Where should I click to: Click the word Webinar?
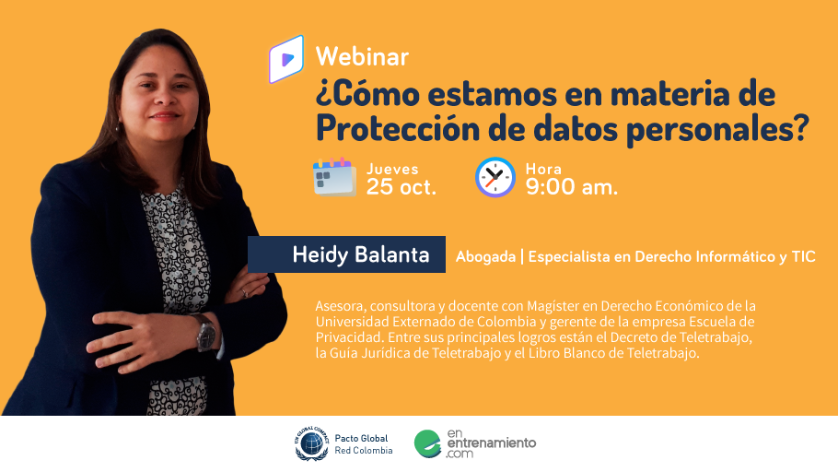pos(362,57)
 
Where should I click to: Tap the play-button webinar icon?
pos(286,59)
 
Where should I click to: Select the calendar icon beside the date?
pos(334,177)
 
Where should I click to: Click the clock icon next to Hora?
pos(495,177)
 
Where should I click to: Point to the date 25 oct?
pos(401,187)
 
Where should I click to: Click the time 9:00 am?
pos(571,187)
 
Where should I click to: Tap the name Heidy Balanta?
pos(361,254)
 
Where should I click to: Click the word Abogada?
pos(485,257)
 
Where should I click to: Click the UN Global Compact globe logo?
pos(312,443)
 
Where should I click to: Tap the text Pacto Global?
pos(361,438)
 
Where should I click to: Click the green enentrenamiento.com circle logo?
pos(427,443)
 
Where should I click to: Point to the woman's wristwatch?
pos(205,333)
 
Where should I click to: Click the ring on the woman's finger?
pos(245,293)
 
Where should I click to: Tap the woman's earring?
pos(117,127)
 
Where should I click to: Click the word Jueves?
pos(392,169)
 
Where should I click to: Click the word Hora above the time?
pos(543,169)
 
